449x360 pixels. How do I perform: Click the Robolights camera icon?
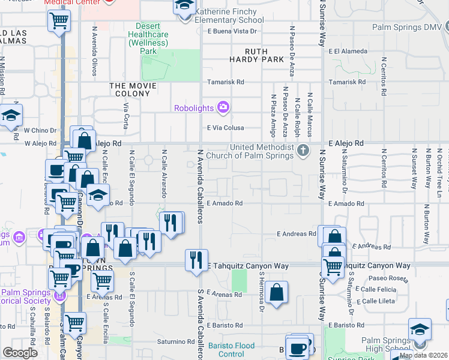[223, 107]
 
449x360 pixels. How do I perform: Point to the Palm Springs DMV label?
[406, 28]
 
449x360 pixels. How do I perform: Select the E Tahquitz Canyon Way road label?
[249, 265]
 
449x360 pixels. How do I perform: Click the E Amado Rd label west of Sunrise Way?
[224, 203]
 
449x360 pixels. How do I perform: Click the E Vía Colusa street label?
[225, 128]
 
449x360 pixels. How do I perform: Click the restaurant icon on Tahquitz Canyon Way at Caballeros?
[196, 260]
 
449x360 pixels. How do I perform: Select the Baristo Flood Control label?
[231, 350]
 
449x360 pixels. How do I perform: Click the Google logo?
[20, 353]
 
